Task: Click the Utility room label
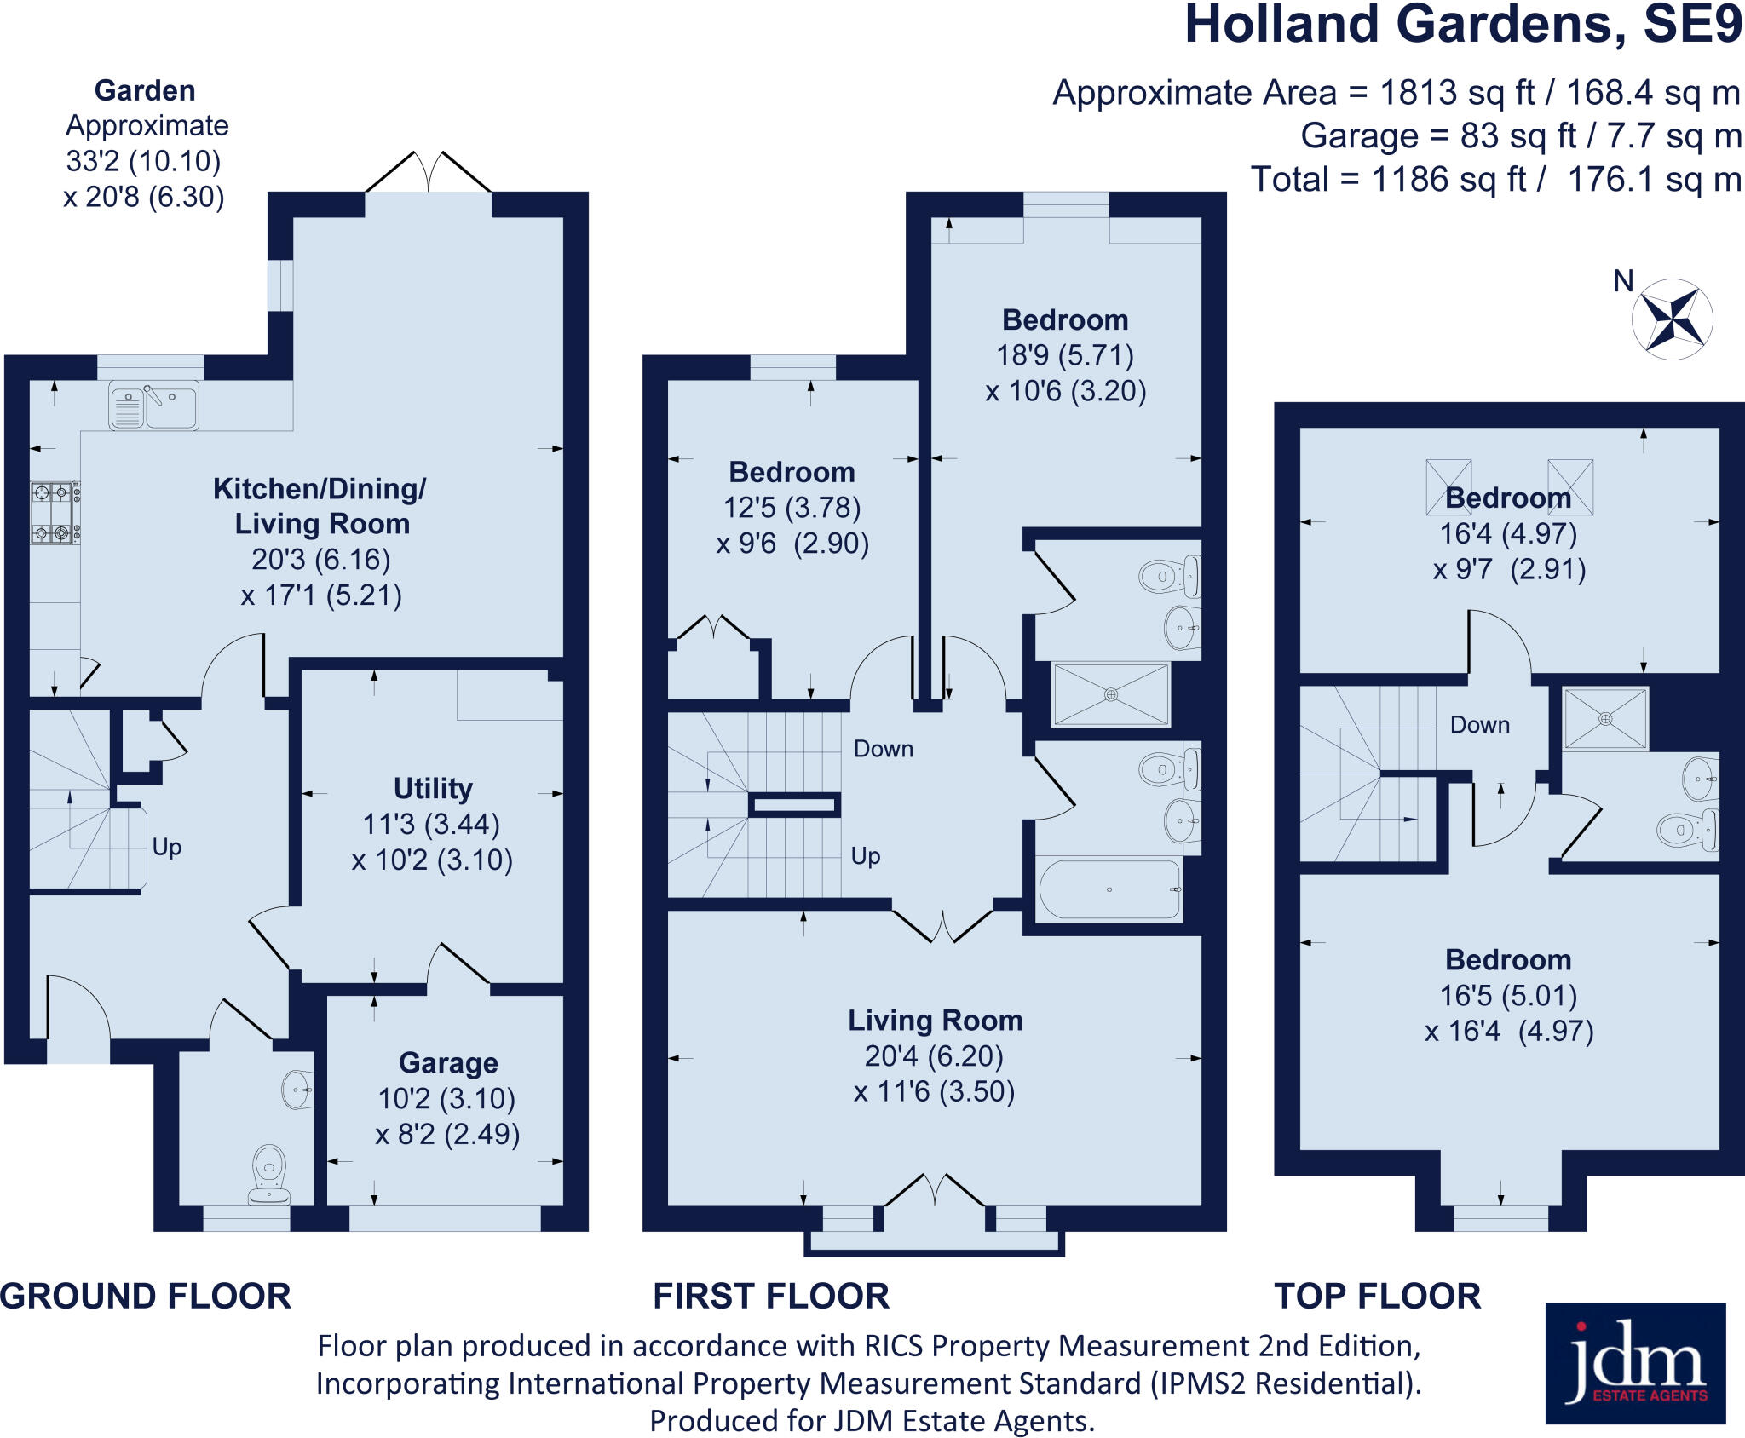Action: coord(433,789)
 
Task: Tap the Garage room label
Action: coord(448,1063)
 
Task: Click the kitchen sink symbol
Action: coord(153,406)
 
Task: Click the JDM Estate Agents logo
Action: coord(1635,1363)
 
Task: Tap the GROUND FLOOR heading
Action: coord(146,1296)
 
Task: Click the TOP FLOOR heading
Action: coord(1377,1296)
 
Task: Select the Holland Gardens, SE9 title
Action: coord(1463,26)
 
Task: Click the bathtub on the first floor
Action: coord(1109,889)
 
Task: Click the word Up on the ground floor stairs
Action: coord(167,847)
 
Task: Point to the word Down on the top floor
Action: coord(1480,725)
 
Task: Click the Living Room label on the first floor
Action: coord(935,1021)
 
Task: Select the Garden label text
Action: coord(145,90)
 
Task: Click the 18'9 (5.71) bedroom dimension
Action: coord(1065,355)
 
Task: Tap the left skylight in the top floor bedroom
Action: coord(1448,486)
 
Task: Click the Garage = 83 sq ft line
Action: coord(1521,136)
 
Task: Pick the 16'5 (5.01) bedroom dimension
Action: coord(1508,995)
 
